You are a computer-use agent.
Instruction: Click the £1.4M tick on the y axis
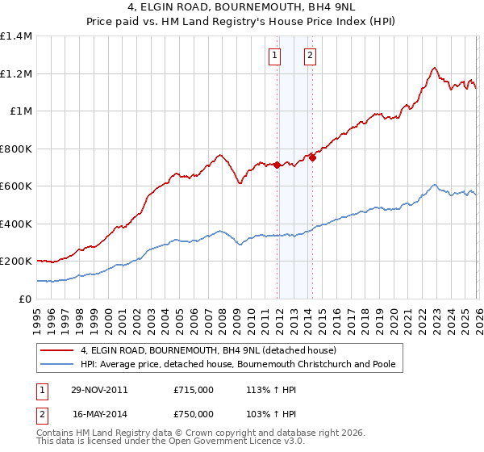16,36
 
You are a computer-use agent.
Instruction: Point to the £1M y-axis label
21,111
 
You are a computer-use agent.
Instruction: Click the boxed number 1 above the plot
276,56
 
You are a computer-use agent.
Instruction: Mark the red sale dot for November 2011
277,165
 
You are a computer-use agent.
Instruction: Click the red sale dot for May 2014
311,157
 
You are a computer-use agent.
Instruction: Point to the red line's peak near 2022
434,68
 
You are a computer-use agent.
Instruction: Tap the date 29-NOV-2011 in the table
99,390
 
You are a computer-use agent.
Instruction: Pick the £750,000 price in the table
194,413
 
